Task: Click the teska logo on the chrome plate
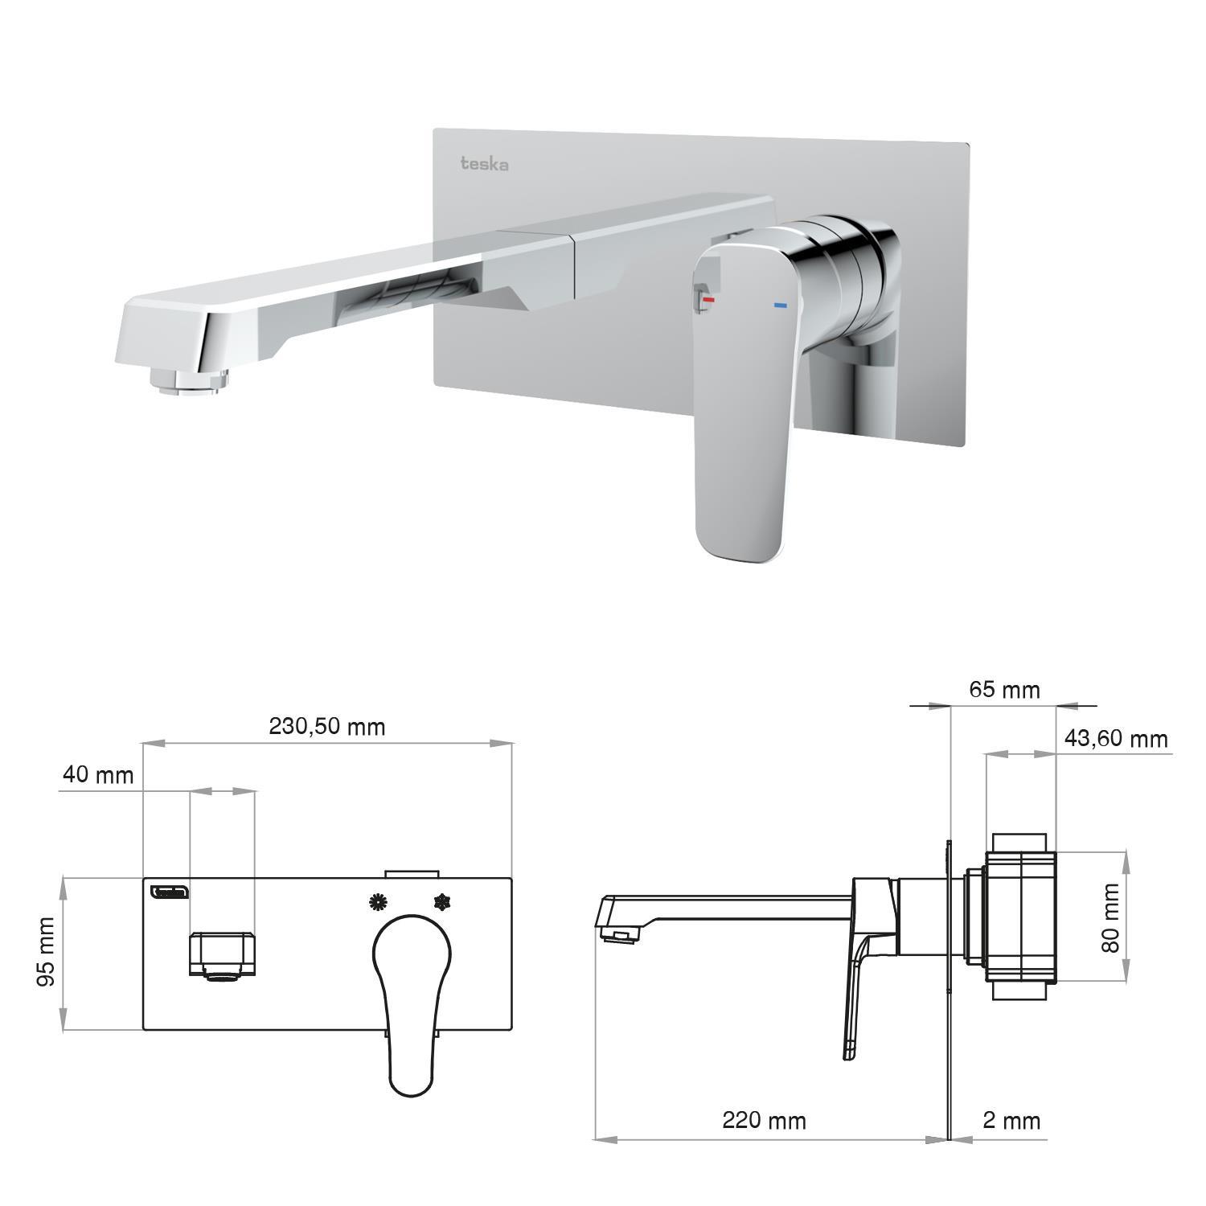click(484, 164)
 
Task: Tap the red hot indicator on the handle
click(708, 300)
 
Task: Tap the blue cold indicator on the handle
click(779, 306)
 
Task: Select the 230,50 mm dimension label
click(327, 727)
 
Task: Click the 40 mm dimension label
click(98, 775)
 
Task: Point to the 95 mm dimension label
click(47, 952)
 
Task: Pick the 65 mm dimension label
click(1004, 690)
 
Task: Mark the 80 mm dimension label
click(1110, 918)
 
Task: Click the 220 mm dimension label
click(764, 1120)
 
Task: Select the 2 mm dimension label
click(1011, 1120)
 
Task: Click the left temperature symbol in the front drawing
click(376, 902)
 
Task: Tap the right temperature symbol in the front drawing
click(441, 902)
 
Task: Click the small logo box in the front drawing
click(170, 891)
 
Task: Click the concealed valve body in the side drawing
click(1019, 917)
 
